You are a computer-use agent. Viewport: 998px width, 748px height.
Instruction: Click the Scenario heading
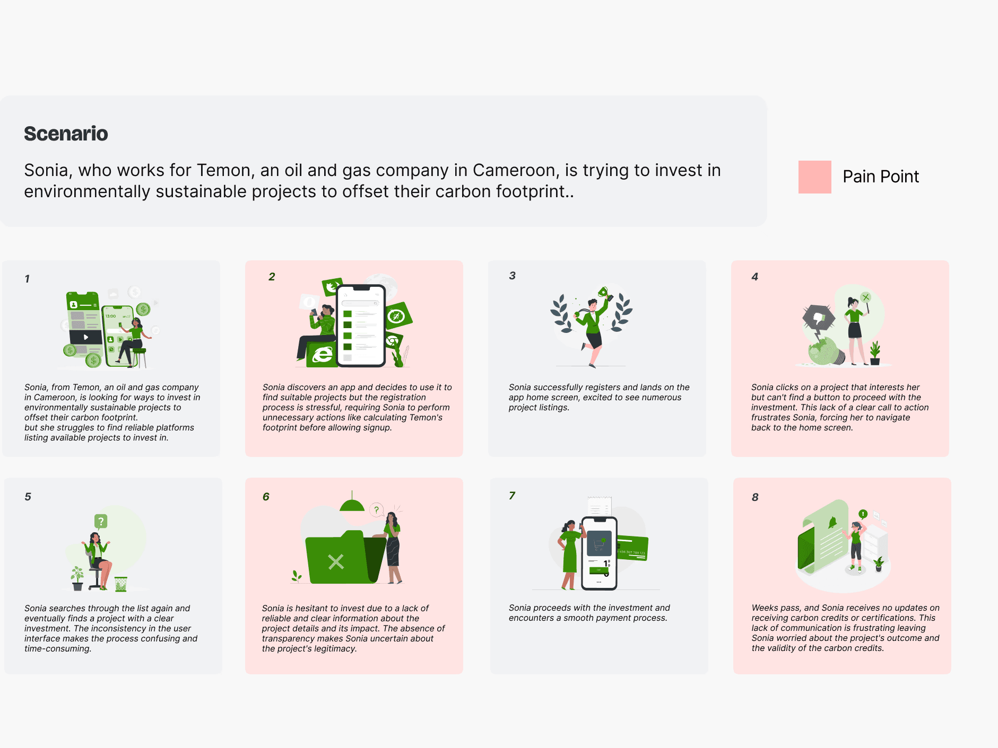[x=66, y=134]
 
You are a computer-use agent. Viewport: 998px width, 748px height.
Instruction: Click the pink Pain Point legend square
[x=814, y=177]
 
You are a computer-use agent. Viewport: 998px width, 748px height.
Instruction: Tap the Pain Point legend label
[x=881, y=177]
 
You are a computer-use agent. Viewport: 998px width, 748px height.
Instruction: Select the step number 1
[x=27, y=279]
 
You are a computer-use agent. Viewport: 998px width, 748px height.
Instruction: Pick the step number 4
[x=755, y=277]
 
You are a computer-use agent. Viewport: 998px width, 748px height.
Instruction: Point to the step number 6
[x=266, y=497]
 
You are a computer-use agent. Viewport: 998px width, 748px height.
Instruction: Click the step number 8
[x=755, y=497]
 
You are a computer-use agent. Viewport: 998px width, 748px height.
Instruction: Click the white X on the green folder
[x=336, y=561]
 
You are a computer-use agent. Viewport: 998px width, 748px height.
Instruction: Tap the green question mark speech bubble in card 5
[x=101, y=521]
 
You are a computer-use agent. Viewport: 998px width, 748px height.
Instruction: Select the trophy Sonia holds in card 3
[x=604, y=292]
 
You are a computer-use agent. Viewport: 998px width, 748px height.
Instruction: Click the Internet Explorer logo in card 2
[x=322, y=355]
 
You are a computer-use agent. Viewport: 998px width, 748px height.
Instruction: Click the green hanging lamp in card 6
[x=352, y=505]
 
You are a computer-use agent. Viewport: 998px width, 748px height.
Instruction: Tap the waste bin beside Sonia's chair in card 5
[x=121, y=584]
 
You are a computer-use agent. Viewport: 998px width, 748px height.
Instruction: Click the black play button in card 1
[x=86, y=337]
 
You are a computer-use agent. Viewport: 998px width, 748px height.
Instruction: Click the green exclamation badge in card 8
[x=863, y=514]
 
